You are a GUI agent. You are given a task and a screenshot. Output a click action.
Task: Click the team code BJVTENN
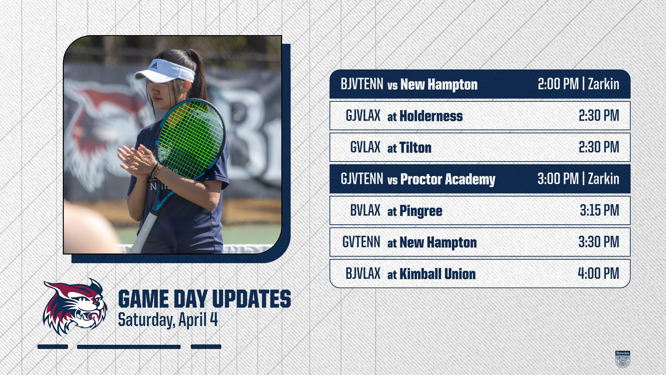click(362, 84)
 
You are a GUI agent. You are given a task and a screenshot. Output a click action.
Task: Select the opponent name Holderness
click(431, 116)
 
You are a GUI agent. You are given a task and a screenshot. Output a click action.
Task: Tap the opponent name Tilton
click(416, 148)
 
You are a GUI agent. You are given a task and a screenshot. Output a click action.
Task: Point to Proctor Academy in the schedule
click(448, 180)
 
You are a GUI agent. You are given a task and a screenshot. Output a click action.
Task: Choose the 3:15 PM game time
click(599, 210)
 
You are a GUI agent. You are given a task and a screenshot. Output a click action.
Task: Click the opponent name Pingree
click(421, 211)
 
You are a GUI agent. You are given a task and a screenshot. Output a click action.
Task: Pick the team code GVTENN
click(361, 242)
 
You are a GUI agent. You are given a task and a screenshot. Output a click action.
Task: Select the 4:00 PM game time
click(598, 273)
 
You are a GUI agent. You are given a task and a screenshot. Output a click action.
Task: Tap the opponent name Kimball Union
click(437, 274)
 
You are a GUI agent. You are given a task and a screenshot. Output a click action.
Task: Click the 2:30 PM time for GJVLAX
click(599, 116)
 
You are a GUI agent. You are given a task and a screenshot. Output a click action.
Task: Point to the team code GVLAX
click(365, 147)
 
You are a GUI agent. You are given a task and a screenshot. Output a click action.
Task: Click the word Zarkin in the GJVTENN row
click(604, 179)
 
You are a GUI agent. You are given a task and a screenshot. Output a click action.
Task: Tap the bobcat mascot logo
click(75, 307)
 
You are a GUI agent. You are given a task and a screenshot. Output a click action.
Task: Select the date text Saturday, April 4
click(168, 320)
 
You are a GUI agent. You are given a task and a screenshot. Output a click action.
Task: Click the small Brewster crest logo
click(623, 359)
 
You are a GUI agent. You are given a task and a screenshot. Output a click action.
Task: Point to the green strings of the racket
click(190, 139)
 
